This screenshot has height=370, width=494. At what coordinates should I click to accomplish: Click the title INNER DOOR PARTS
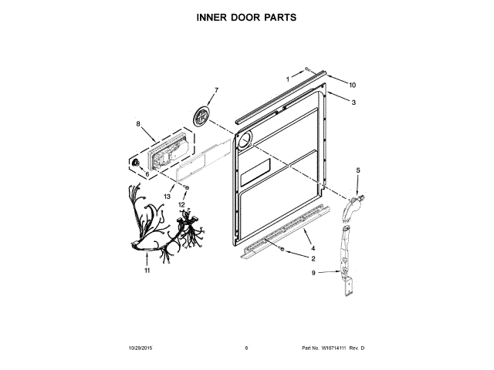tap(246, 15)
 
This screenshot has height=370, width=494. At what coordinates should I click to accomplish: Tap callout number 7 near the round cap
tap(216, 90)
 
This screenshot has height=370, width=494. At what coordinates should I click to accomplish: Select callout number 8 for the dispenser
tap(138, 123)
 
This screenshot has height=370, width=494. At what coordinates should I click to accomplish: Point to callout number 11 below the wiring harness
tap(147, 271)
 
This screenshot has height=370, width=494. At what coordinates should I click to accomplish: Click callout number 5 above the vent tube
tap(357, 169)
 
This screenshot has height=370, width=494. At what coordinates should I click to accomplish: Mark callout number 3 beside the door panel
tap(353, 103)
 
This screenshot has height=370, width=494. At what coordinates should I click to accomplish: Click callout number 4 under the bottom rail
tap(313, 247)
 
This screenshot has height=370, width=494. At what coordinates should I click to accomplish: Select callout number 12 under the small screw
tap(183, 205)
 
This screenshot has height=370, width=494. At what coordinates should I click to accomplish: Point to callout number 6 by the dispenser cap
tap(147, 174)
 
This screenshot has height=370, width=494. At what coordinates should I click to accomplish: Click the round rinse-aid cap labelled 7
tap(203, 116)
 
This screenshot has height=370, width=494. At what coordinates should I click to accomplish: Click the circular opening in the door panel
tap(245, 139)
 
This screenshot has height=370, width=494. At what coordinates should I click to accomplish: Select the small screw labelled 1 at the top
tap(307, 69)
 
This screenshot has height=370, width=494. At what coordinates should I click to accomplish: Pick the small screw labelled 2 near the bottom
tap(284, 251)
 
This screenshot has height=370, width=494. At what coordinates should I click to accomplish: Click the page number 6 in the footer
tap(246, 348)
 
